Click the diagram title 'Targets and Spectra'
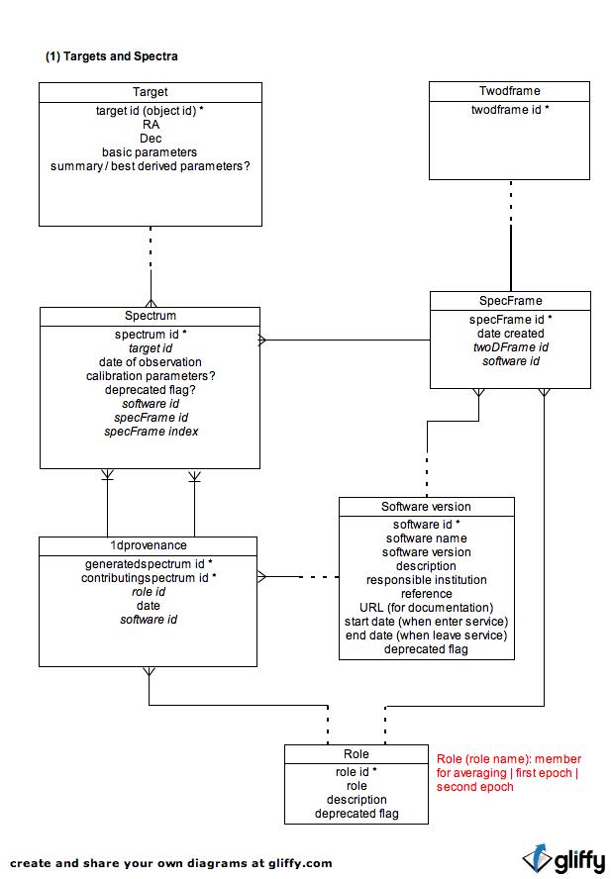121,56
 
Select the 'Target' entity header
150,92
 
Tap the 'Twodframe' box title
509,91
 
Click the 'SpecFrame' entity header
510,301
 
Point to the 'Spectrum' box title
151,316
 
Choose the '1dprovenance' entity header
149,544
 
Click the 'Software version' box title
427,506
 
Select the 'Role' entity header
357,754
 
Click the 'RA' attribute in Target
151,125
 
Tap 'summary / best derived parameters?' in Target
150,166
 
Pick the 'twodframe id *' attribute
509,110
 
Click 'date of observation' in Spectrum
150,362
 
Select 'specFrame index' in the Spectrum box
151,432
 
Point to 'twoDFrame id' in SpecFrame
510,347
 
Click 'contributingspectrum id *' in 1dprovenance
149,578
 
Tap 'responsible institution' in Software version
427,580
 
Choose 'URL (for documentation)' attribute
427,608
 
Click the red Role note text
508,773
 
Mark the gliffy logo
563,859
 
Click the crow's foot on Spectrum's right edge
262,340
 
